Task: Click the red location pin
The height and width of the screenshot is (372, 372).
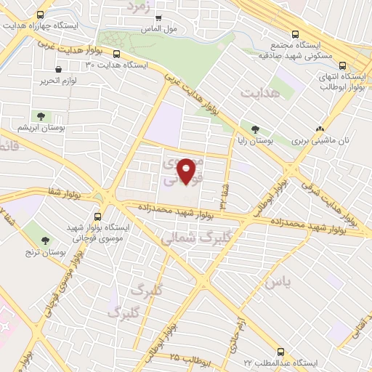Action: click(187, 170)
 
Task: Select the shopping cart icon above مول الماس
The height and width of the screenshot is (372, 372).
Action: click(158, 17)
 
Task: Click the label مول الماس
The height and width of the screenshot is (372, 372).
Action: click(160, 29)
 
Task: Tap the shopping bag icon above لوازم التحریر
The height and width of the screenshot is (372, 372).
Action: click(56, 71)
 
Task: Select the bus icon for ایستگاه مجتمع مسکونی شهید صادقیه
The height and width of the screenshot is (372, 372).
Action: click(295, 34)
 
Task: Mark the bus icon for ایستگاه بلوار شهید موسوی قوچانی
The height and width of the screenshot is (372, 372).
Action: click(97, 216)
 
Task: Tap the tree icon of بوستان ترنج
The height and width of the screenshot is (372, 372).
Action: click(46, 239)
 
